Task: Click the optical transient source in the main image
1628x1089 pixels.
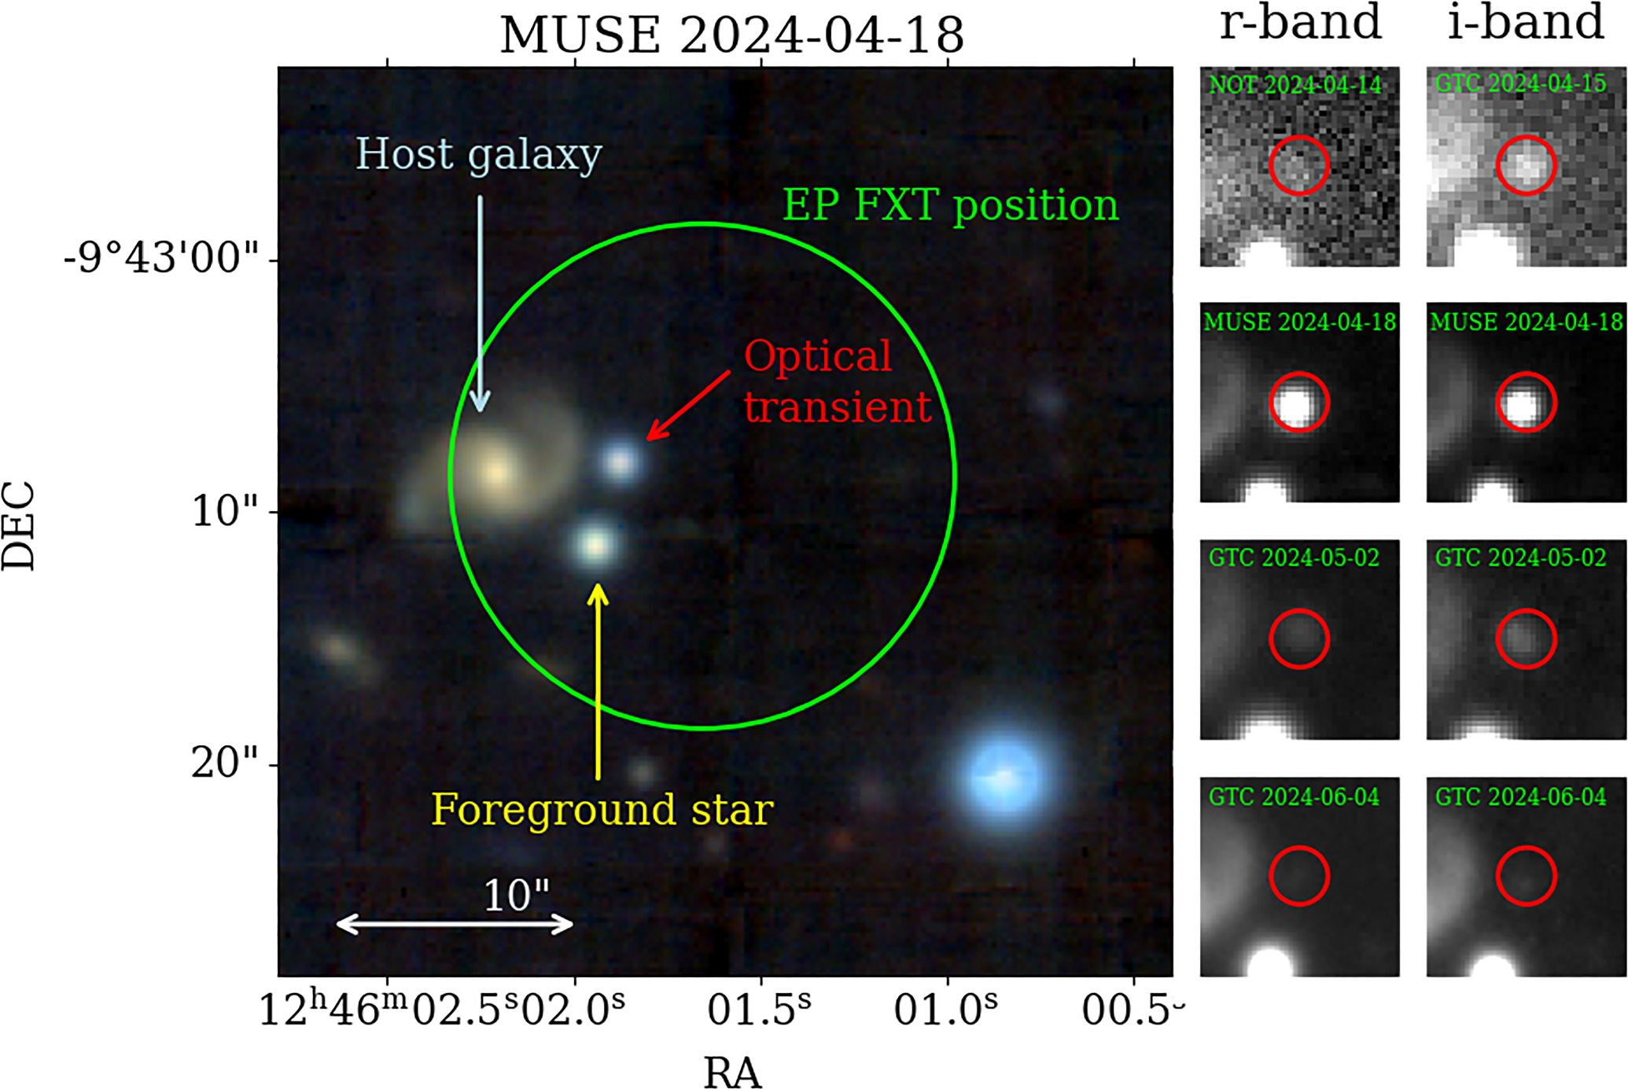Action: click(621, 462)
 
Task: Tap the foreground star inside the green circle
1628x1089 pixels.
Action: click(596, 544)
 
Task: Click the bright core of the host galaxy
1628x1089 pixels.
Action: click(495, 472)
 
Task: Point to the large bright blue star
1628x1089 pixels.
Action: click(1004, 777)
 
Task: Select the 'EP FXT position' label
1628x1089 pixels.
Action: click(950, 206)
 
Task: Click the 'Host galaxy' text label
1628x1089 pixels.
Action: click(478, 154)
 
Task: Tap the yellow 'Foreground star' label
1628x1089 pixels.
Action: click(602, 810)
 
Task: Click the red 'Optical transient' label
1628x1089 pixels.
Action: click(837, 382)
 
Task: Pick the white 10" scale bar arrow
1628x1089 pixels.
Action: click(455, 924)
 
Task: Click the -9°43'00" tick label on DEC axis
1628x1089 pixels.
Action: click(161, 258)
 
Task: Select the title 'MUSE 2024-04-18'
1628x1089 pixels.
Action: click(731, 35)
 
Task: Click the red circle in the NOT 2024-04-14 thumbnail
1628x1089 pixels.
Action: click(1299, 165)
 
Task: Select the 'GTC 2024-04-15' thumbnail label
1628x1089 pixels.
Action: click(1520, 84)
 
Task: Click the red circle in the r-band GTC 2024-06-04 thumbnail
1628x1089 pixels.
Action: click(1299, 875)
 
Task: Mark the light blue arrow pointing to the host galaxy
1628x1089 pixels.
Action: click(480, 303)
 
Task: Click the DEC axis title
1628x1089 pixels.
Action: click(19, 525)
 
